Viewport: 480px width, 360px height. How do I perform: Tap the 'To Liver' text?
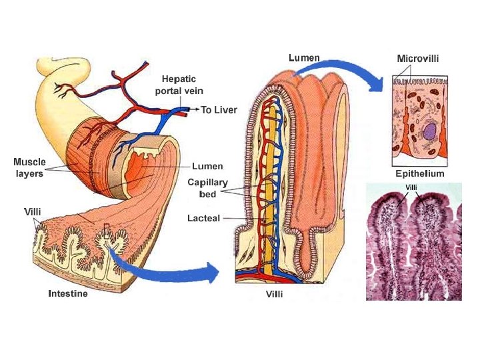pos(219,109)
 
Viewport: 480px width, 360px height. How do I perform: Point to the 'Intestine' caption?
pos(67,293)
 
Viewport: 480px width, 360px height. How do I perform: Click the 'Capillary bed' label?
pos(207,187)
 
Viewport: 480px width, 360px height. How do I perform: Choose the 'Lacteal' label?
pos(203,218)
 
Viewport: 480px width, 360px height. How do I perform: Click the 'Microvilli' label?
pos(417,59)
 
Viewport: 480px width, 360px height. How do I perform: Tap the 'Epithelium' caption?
pos(419,173)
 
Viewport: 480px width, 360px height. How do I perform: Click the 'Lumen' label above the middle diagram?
pos(304,58)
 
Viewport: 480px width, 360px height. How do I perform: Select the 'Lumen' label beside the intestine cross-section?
pos(207,165)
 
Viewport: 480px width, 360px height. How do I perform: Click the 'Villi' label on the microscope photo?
pos(411,187)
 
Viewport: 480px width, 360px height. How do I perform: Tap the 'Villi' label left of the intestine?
pos(33,211)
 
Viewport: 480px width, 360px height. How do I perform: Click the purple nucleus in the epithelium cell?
pos(429,131)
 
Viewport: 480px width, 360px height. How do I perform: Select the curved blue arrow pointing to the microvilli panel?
pos(353,70)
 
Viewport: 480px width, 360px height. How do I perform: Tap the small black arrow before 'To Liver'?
pos(194,109)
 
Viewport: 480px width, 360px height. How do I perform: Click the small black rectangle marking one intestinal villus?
pos(106,231)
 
